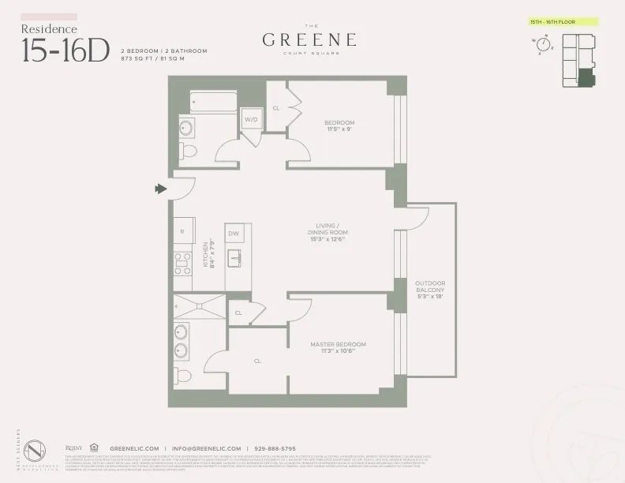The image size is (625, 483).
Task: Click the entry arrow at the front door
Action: pos(162,189)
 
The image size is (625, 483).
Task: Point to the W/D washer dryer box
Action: pos(251,120)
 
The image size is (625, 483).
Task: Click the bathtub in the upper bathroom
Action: pos(211,101)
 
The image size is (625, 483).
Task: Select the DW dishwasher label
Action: pos(234,234)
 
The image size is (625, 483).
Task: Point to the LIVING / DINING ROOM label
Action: pos(328,234)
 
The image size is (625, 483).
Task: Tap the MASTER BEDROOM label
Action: pos(338,348)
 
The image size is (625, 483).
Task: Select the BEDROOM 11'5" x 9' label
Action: pos(339,126)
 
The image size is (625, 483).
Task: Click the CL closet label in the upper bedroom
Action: pos(276,108)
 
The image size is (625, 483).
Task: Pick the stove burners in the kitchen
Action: pos(183,262)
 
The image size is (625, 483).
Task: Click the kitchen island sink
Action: pos(235,257)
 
